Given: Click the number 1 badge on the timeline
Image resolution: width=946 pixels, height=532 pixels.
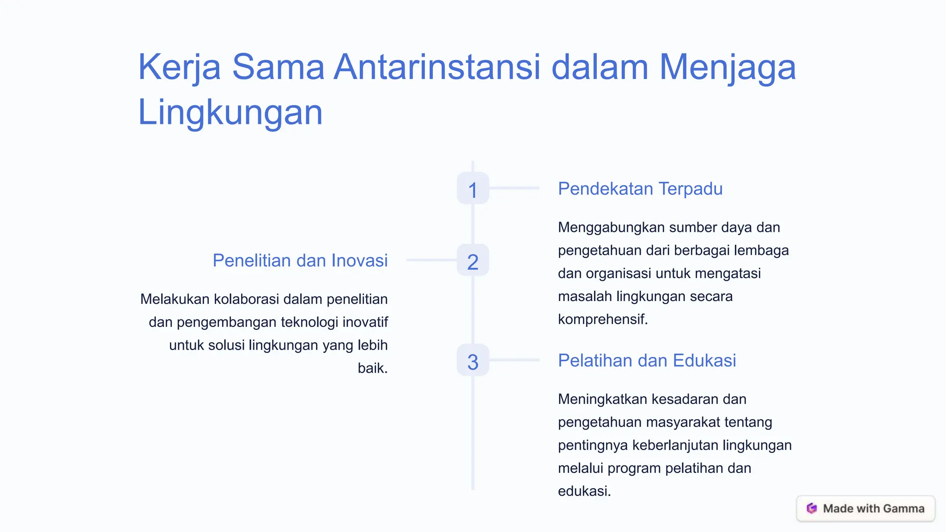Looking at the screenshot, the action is (473, 188).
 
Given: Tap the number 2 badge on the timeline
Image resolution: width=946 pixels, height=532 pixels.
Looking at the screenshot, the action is (473, 260).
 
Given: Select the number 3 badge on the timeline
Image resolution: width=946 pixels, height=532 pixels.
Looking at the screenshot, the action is (473, 360).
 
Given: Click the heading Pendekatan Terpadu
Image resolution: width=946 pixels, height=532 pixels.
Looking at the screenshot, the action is (640, 189).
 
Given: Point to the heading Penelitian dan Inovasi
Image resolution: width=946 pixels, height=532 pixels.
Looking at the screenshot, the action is (300, 261).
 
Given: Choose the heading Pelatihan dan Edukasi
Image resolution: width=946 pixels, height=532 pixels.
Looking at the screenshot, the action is (647, 361).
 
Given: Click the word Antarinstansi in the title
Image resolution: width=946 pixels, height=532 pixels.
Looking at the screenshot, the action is (437, 67).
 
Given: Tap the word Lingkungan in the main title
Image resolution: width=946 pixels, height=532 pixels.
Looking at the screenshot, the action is (230, 112).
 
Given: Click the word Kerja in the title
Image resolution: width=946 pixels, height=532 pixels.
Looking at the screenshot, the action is (179, 67).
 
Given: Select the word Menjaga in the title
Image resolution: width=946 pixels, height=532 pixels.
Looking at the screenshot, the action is (727, 67).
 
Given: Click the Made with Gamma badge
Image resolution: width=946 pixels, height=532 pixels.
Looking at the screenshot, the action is (866, 508).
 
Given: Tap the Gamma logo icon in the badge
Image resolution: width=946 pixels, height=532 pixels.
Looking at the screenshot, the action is (812, 508).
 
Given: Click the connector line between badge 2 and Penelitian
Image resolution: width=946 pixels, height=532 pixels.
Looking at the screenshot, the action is (431, 260).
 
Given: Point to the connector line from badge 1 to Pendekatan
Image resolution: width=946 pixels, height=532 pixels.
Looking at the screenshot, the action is (514, 188).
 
